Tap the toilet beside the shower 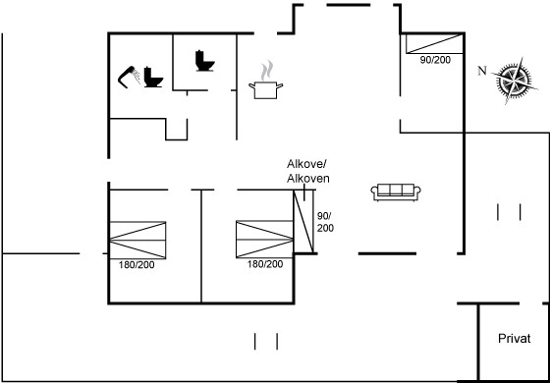tap(153, 77)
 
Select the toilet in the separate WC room tap(204, 61)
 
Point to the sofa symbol tap(396, 192)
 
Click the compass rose tap(515, 81)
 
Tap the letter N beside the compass tap(482, 71)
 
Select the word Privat tap(515, 339)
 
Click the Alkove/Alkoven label tap(308, 171)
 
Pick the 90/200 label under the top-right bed tap(435, 60)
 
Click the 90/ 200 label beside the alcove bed tap(325, 222)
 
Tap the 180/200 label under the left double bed tap(137, 265)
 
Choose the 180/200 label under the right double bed tap(265, 264)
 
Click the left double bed tap(137, 241)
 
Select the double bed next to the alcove tap(264, 240)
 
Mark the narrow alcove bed tap(303, 221)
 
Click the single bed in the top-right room tap(435, 43)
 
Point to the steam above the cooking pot tap(267, 70)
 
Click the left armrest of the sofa tap(374, 192)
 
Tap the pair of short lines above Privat tap(509, 212)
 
